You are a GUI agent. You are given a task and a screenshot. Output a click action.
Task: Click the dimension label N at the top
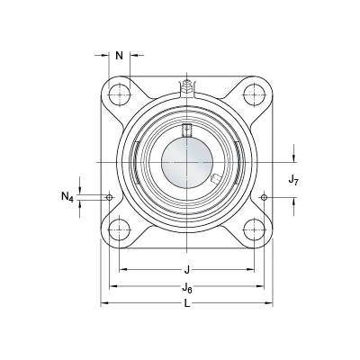pyautogui.click(x=120, y=56)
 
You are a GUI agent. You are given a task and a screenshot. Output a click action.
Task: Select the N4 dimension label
pyautogui.click(x=67, y=197)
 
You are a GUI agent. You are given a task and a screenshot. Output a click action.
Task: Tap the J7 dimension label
pyautogui.click(x=293, y=180)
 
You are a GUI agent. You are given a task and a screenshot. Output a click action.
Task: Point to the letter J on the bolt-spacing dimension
pyautogui.click(x=187, y=270)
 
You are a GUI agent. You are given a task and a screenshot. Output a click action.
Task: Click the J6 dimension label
pyautogui.click(x=187, y=288)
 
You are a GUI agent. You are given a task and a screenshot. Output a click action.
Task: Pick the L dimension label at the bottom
pyautogui.click(x=187, y=304)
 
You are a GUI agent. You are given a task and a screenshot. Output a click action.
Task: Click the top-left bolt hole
pyautogui.click(x=120, y=94)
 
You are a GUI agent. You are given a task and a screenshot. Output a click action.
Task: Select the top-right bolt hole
pyautogui.click(x=254, y=94)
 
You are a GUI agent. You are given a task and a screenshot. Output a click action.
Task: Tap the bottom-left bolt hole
pyautogui.click(x=120, y=230)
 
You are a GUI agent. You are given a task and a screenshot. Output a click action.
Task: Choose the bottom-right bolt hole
pyautogui.click(x=254, y=230)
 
